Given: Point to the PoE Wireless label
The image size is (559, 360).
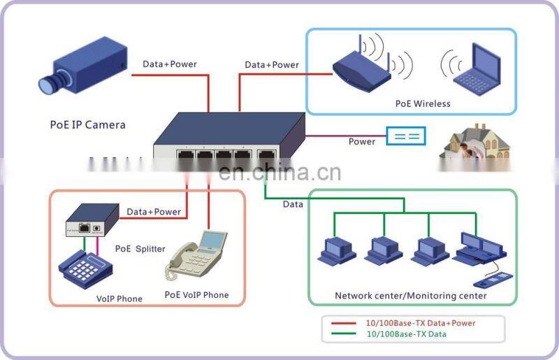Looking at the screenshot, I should tap(423, 103).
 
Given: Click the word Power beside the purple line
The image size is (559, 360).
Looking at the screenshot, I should tap(362, 142).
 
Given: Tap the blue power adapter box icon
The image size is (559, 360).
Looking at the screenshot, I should tap(406, 136).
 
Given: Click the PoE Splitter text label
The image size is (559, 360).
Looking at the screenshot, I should tap(140, 249).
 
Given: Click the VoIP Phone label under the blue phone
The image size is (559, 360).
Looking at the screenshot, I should tap(119, 298).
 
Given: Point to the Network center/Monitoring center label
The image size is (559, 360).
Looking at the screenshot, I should tap(411, 296).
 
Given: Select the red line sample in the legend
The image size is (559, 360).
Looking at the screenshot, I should tap(342, 323).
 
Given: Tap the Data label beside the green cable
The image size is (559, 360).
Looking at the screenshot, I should tap(293, 204).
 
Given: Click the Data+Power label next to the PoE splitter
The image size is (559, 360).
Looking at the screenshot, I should tap(154, 212).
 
